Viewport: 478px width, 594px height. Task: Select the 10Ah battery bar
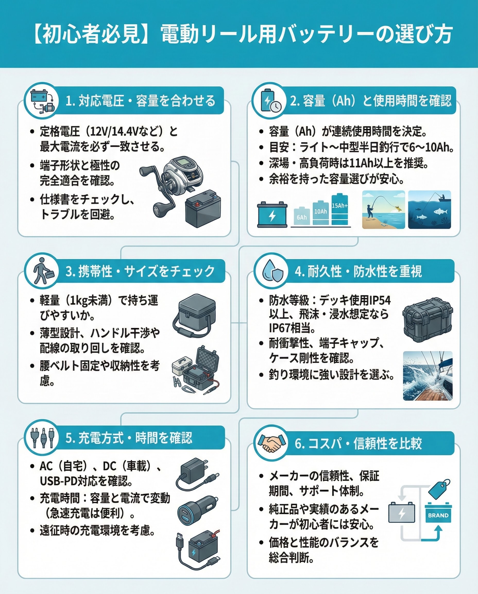click(x=320, y=212)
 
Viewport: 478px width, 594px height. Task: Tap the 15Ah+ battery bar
click(x=340, y=210)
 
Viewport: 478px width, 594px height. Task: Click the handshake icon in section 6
click(x=270, y=443)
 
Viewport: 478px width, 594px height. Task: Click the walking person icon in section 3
click(x=42, y=271)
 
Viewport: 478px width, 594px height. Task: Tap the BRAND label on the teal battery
click(x=438, y=515)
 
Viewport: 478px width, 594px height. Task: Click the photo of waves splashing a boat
click(x=428, y=376)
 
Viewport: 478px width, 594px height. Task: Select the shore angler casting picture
click(x=383, y=210)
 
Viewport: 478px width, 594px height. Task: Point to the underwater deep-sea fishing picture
click(x=430, y=210)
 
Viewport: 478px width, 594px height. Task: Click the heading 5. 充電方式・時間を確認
click(x=129, y=438)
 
